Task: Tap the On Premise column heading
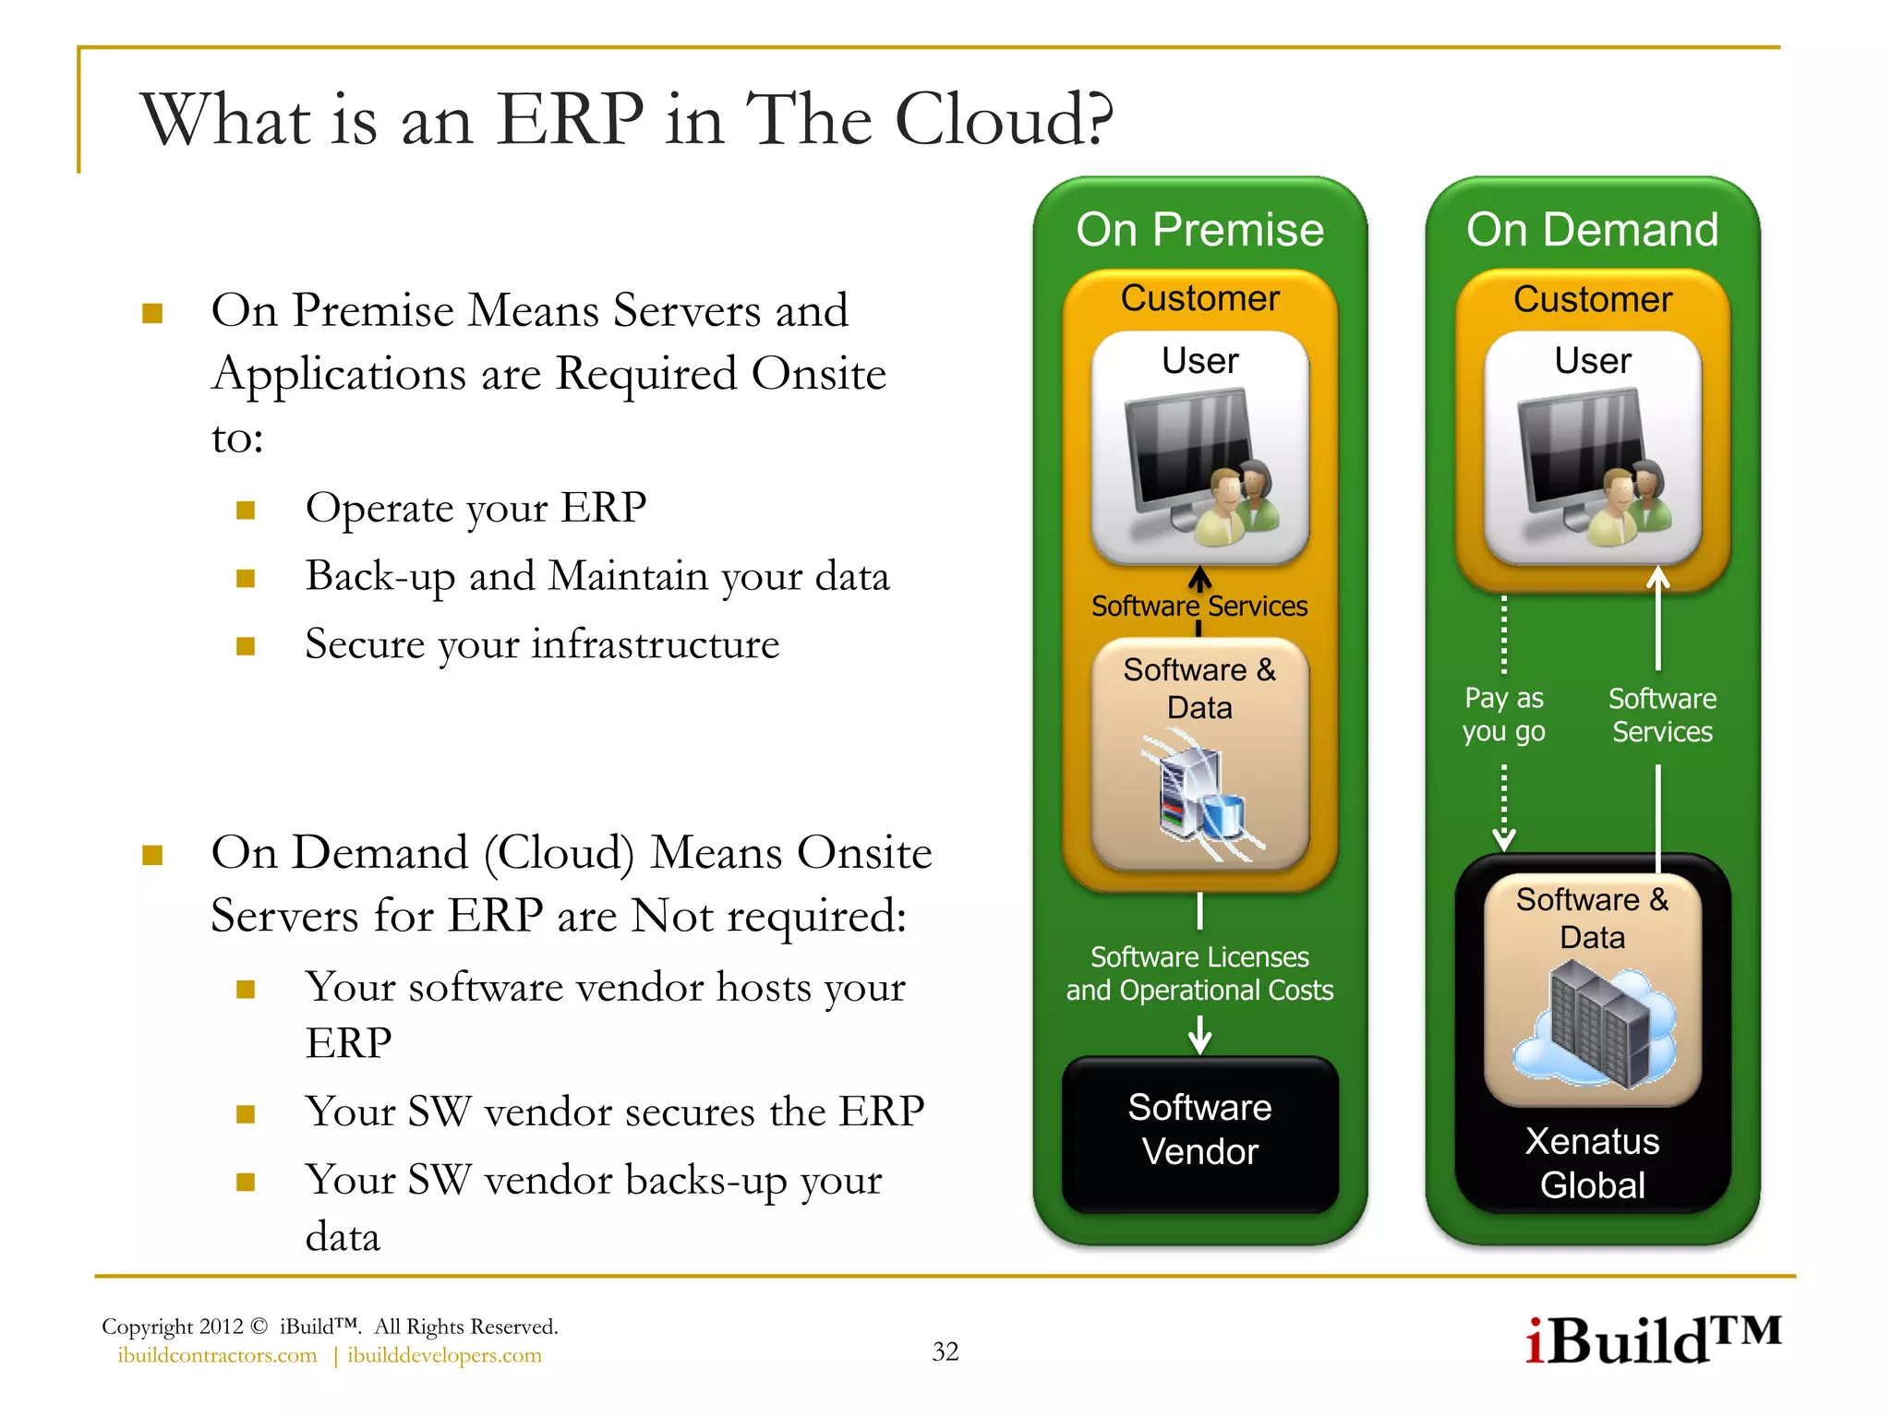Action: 1199,229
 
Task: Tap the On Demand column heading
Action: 1592,229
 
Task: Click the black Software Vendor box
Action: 1199,1132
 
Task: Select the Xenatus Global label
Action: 1592,1163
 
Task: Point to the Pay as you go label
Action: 1503,715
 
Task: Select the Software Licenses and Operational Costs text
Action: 1199,973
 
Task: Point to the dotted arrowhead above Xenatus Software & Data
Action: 1503,839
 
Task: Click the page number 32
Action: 945,1352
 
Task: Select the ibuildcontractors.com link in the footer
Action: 217,1355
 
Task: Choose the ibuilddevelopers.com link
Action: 444,1355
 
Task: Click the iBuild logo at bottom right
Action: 1653,1340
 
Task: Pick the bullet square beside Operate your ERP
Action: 246,511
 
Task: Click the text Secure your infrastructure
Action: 542,644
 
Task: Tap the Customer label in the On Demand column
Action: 1592,299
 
